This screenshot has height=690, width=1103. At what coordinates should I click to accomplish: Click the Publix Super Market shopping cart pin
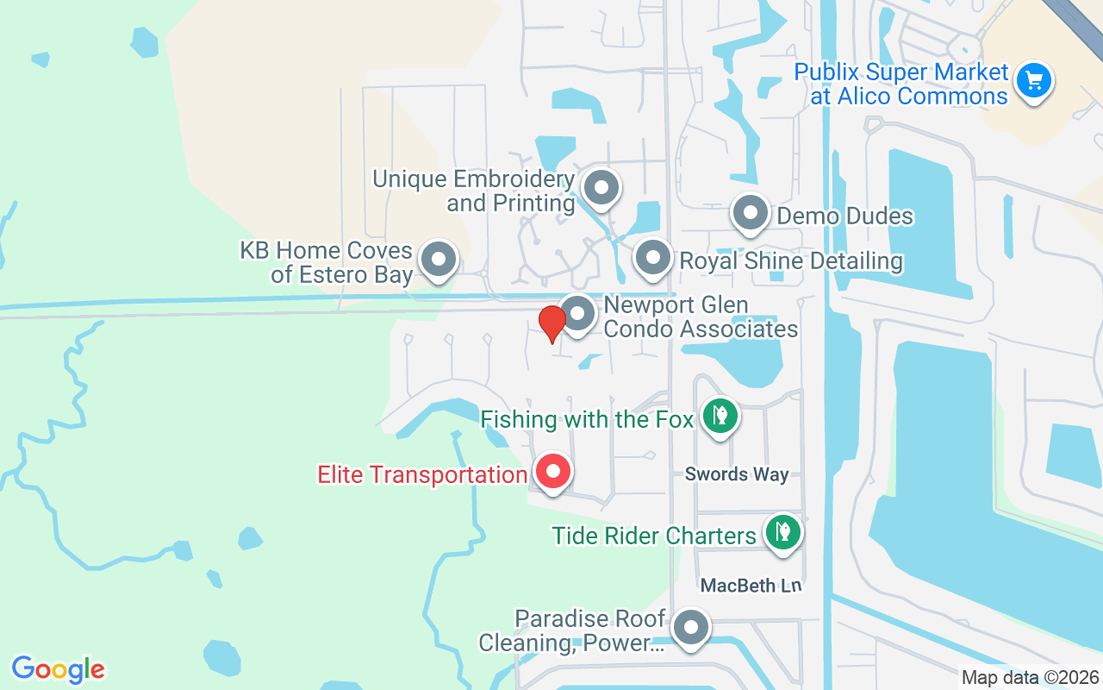click(x=1033, y=82)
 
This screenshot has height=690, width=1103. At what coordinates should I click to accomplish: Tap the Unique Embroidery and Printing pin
click(x=601, y=187)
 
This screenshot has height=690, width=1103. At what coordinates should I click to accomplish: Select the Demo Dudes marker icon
click(x=751, y=212)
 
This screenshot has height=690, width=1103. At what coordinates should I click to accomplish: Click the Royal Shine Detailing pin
click(x=652, y=257)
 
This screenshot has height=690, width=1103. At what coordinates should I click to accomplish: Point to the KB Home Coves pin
click(x=439, y=259)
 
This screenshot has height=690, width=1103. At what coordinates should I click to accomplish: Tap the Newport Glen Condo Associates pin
click(x=578, y=314)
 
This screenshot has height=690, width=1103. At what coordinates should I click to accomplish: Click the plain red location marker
click(x=551, y=323)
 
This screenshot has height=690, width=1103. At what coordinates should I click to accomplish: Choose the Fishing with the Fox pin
click(x=720, y=416)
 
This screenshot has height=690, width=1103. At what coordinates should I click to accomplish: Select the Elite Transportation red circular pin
click(x=552, y=472)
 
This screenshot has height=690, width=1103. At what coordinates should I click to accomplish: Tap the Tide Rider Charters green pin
click(x=782, y=531)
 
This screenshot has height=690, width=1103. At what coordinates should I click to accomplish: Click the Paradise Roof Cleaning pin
click(x=690, y=629)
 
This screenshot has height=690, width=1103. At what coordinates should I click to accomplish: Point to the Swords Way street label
click(x=737, y=474)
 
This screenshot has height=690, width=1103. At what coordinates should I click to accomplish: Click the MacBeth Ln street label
click(x=751, y=586)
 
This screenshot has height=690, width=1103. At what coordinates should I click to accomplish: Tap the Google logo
click(x=58, y=669)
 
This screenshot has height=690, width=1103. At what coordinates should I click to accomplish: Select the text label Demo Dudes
click(x=844, y=216)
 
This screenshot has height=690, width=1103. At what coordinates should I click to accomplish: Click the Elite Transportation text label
click(x=422, y=474)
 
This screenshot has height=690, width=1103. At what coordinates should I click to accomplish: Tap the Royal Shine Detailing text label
click(x=791, y=260)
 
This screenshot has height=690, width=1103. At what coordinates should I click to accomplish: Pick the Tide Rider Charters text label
click(x=654, y=536)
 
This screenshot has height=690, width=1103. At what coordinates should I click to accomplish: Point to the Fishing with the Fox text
click(x=587, y=420)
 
